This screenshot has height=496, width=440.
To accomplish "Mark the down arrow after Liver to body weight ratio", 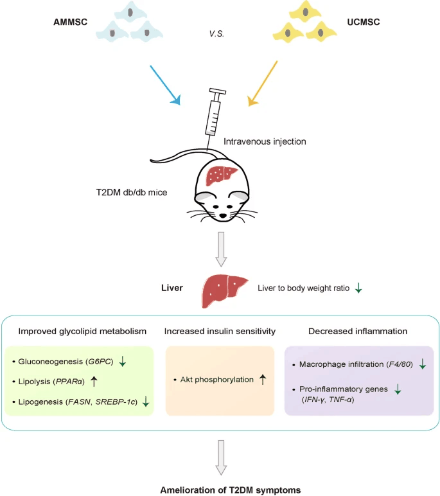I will tap(358, 289).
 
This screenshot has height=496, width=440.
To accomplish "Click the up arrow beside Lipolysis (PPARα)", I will tap(94, 382).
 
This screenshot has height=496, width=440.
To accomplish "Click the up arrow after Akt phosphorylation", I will tap(262, 380).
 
